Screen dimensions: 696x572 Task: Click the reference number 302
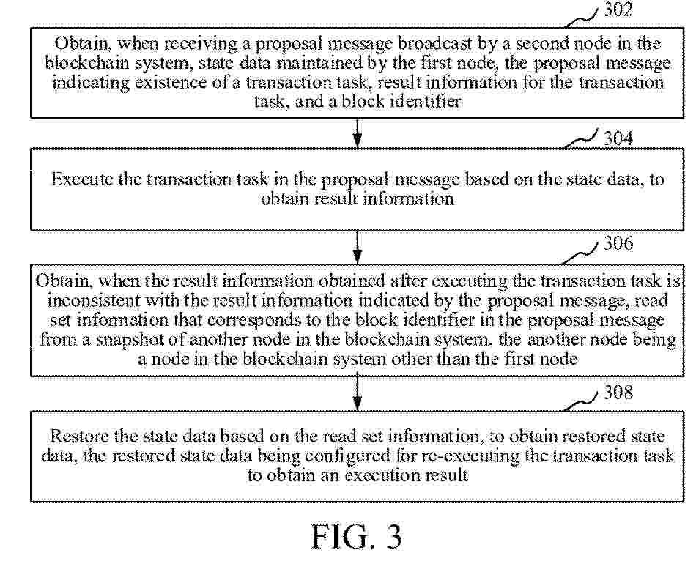tap(618, 10)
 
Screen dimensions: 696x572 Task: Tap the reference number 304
tap(618, 138)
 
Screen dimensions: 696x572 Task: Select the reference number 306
tap(618, 243)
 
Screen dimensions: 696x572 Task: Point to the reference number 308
tap(618, 393)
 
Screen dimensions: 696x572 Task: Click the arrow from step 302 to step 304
tap(358, 133)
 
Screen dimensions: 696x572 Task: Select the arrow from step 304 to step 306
tap(358, 248)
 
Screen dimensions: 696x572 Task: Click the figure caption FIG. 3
tap(357, 537)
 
